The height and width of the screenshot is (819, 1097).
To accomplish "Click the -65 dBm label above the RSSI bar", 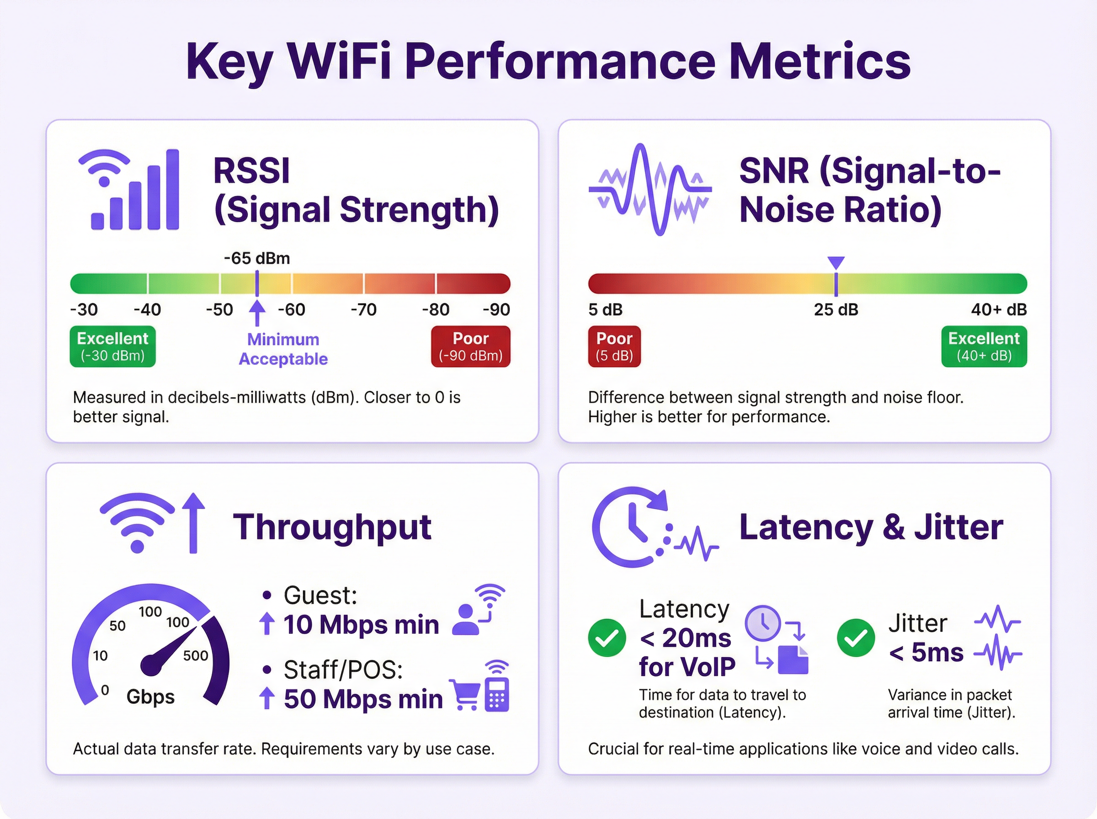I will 257,258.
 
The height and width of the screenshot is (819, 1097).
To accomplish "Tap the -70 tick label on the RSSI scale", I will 363,310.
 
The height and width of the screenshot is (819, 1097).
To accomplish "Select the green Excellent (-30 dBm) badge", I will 112,346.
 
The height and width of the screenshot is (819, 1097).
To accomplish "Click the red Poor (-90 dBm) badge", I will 470,346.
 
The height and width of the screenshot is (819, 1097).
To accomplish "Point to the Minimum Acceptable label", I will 283,349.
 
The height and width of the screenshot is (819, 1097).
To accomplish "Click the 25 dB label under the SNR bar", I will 836,310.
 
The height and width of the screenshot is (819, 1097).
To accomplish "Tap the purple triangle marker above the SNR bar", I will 836,262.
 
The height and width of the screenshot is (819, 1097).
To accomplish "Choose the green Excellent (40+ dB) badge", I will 984,346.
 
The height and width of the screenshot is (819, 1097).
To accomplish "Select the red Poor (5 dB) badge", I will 614,346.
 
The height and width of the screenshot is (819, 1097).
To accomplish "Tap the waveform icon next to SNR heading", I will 650,189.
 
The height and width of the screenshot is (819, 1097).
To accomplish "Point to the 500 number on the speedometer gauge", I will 195,656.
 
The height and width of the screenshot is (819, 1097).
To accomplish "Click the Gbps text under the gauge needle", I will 150,697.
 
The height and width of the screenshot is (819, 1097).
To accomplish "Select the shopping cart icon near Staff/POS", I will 465,695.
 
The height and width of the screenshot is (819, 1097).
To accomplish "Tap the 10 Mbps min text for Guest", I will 361,625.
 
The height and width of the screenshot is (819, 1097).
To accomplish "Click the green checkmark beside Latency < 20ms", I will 607,638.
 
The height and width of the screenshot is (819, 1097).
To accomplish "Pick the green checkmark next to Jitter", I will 856,638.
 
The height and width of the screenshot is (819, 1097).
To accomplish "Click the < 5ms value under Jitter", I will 926,653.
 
